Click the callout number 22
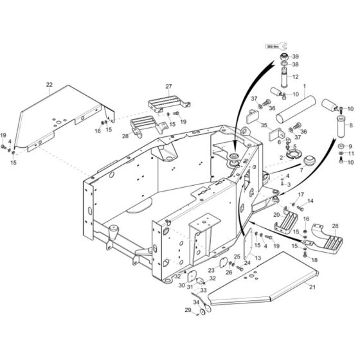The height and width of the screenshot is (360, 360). pos(48,84)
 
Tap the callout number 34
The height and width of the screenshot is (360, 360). pos(197,301)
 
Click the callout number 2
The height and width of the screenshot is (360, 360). pos(282,157)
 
